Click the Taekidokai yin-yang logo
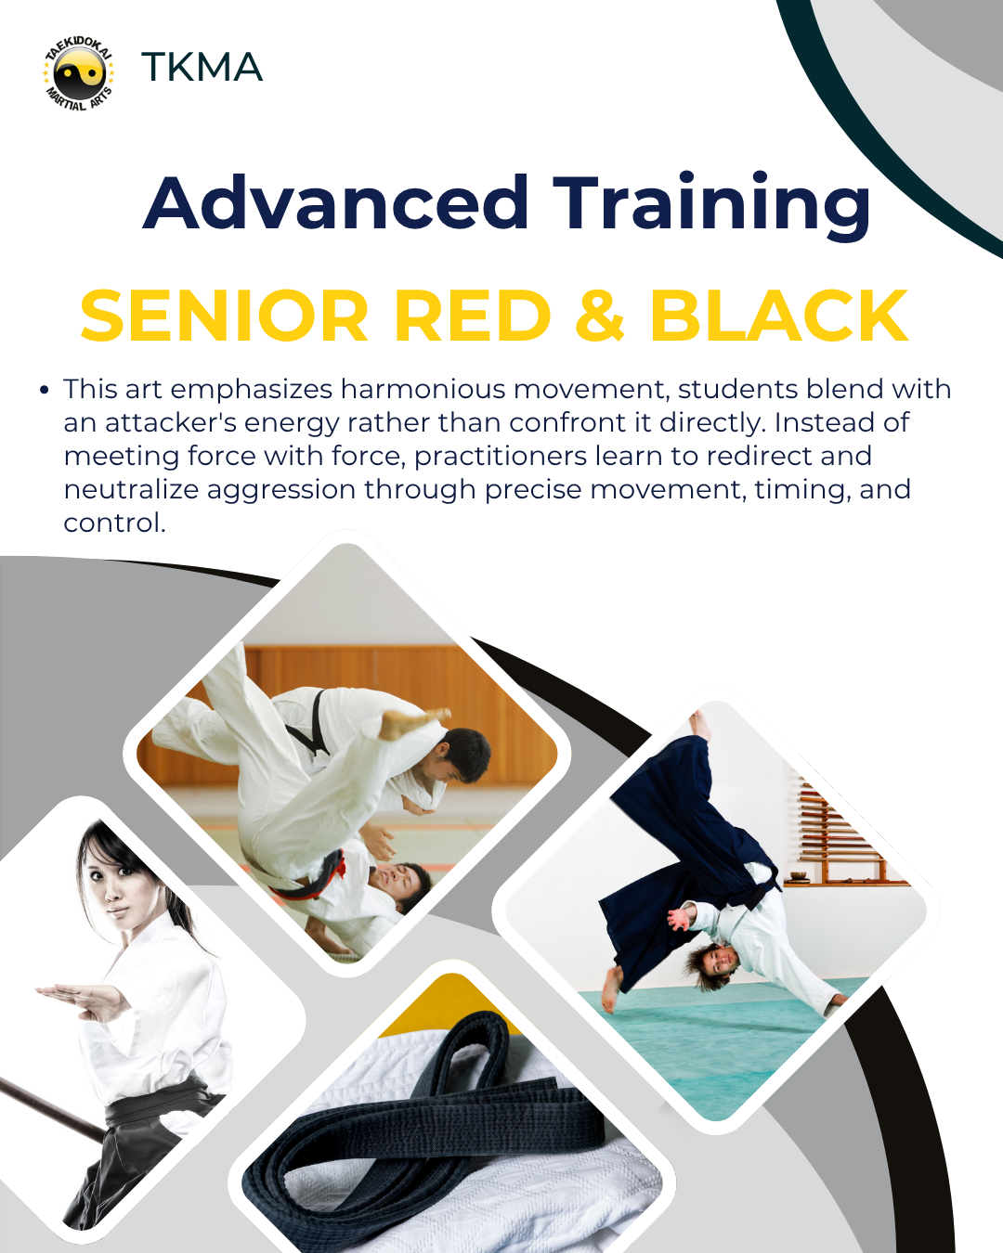tap(79, 73)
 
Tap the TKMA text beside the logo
tap(202, 67)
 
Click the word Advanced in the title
tap(336, 202)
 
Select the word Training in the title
tap(711, 207)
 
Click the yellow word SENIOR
tap(225, 316)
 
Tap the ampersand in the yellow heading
tap(600, 316)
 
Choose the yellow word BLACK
tap(779, 316)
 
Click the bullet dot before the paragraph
tap(45, 390)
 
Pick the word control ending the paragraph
tap(115, 523)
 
